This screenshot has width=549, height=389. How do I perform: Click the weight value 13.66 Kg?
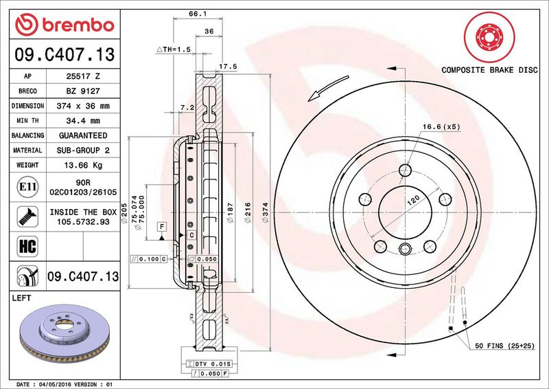click(x=83, y=165)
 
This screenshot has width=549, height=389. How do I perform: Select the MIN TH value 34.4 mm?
click(x=83, y=121)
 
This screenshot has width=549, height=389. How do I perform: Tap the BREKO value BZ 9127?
click(x=83, y=91)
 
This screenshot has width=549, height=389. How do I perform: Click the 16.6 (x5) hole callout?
click(x=441, y=127)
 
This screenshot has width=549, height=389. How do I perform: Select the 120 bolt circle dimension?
click(x=413, y=201)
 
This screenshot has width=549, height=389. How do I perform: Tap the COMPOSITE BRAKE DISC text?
click(x=489, y=70)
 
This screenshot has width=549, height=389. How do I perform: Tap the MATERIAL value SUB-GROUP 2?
click(x=83, y=150)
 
